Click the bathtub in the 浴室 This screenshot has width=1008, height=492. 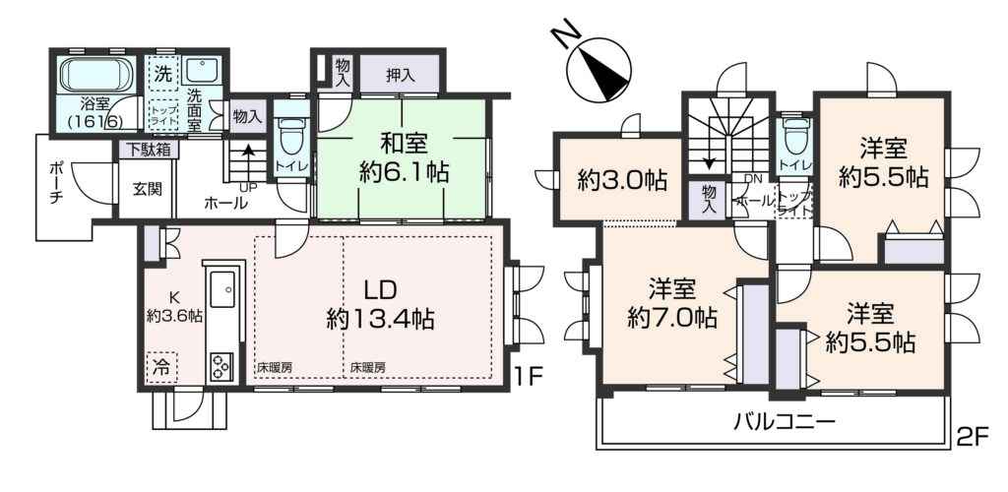[97, 75]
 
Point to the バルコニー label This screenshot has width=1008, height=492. [785, 422]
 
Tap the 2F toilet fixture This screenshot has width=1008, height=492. [795, 137]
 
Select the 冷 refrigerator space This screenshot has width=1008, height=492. [161, 368]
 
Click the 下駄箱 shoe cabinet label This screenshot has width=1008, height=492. [148, 151]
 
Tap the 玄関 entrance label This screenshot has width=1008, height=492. [148, 189]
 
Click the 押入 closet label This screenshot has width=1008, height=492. [400, 75]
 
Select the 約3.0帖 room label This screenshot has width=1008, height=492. [620, 181]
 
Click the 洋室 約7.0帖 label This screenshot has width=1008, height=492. [671, 304]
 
